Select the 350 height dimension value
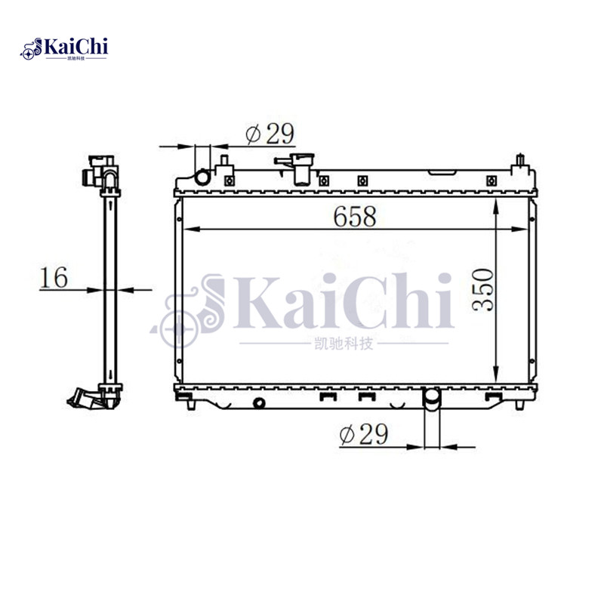(482, 288)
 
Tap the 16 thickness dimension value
(54, 277)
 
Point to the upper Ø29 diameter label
(270, 134)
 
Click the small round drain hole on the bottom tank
(260, 402)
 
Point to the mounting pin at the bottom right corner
(519, 405)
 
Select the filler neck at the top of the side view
(100, 170)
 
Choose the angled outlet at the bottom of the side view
(85, 398)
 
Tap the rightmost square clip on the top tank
(492, 180)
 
